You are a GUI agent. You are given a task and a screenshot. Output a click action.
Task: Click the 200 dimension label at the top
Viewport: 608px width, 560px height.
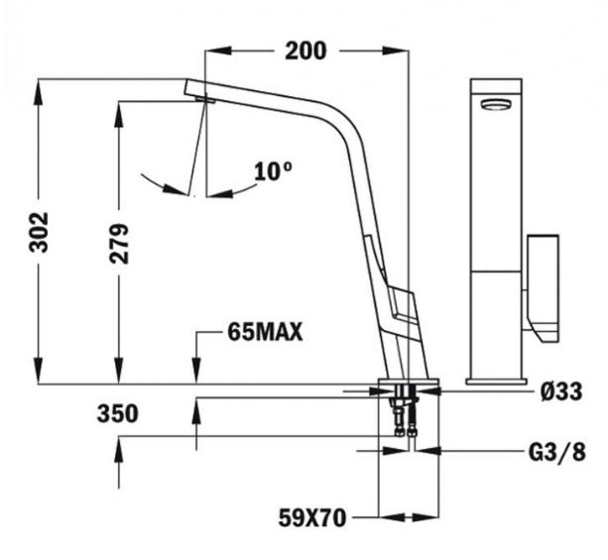(305, 51)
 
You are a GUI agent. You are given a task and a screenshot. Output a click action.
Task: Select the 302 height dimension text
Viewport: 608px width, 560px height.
(39, 233)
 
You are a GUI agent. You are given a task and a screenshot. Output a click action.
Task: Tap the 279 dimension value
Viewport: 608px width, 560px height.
(119, 244)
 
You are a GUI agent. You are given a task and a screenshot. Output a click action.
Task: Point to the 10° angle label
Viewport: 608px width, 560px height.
(273, 171)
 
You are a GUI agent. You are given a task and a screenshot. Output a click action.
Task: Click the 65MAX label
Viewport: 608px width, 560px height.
(265, 332)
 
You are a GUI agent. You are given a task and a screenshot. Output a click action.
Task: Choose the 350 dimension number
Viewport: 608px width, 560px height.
(117, 413)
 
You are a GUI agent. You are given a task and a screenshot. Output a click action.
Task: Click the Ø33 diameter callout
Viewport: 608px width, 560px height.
(561, 392)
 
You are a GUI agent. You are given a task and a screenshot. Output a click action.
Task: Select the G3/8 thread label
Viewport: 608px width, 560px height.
(556, 452)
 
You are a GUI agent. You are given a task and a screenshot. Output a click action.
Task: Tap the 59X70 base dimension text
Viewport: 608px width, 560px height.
(312, 517)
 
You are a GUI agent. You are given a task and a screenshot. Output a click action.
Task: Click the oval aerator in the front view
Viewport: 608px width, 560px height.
(496, 104)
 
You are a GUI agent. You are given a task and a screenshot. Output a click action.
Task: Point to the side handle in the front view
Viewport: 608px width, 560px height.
(543, 288)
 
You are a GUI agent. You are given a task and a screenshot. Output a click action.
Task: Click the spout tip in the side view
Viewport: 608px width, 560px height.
(197, 91)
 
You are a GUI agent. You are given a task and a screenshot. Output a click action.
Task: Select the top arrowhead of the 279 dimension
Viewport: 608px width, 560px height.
(119, 114)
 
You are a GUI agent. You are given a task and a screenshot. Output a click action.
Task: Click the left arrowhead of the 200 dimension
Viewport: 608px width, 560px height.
(218, 51)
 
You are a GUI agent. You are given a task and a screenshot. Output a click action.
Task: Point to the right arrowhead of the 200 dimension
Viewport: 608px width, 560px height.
(396, 51)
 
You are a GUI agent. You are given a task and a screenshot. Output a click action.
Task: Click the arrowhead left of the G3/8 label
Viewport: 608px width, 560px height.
(428, 451)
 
